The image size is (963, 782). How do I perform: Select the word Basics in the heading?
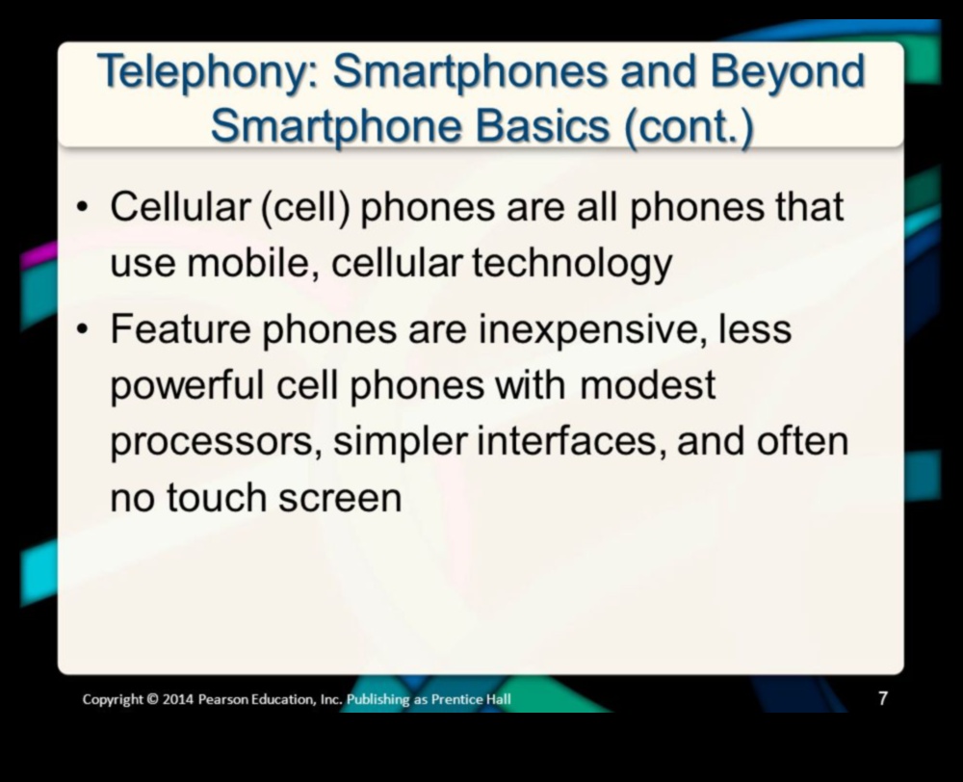click(542, 125)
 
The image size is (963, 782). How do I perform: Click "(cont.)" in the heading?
click(689, 126)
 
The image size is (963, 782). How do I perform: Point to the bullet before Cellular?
click(82, 207)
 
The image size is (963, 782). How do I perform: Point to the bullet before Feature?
click(82, 330)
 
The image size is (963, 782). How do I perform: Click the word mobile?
click(252, 263)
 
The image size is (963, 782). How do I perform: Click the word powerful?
click(187, 386)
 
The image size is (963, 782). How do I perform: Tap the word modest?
click(647, 385)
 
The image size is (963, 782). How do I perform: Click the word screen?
click(340, 498)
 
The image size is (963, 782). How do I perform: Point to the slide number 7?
click(882, 698)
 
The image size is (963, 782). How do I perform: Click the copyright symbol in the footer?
click(152, 699)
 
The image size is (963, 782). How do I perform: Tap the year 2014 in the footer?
click(178, 699)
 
